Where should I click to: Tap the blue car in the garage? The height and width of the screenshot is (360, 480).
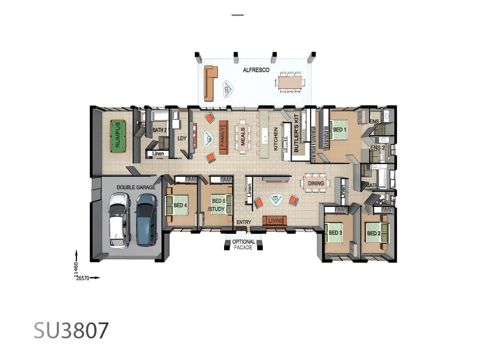tap(146, 220)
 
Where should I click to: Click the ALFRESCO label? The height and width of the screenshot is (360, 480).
tap(256, 70)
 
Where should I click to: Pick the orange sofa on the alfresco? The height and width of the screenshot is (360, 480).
tap(210, 83)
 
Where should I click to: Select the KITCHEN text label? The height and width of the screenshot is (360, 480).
tap(276, 139)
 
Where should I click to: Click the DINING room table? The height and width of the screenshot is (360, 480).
tap(316, 183)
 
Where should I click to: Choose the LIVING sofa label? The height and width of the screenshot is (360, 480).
tap(275, 221)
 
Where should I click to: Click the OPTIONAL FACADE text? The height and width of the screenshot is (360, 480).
tap(243, 244)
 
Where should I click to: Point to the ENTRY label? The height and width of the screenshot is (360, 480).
tap(244, 222)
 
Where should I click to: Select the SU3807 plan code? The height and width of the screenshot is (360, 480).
tap(71, 330)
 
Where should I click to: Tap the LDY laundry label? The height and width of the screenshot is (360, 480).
tap(182, 138)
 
